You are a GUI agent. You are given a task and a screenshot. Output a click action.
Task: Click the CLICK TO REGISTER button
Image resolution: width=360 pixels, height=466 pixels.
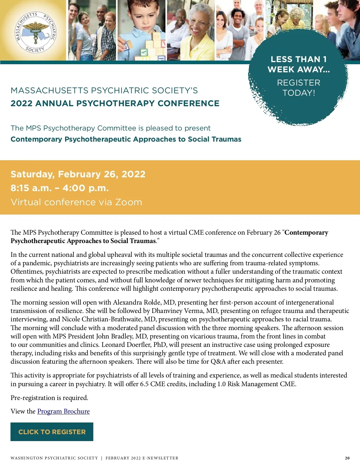coord(52,432)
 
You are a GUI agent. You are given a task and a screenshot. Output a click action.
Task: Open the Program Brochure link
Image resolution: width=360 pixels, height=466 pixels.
coord(63,411)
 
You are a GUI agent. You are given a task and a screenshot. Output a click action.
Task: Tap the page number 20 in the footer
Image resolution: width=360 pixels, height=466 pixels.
coord(347,458)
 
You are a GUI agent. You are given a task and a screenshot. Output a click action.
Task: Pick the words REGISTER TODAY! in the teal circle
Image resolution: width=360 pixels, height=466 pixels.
coord(298,88)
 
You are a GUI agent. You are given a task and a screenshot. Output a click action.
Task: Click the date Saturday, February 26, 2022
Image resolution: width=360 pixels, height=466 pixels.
coord(78,174)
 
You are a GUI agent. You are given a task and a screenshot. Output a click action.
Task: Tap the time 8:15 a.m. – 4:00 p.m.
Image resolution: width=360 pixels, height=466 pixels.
coord(60,188)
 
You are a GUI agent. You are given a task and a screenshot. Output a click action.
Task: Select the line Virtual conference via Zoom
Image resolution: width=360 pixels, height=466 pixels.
coord(76,202)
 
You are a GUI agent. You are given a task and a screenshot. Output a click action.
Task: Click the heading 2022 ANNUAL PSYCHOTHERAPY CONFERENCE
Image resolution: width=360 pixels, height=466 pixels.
coord(115,103)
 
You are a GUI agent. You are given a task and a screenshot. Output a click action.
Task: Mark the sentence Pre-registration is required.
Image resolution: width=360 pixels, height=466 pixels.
coord(49,398)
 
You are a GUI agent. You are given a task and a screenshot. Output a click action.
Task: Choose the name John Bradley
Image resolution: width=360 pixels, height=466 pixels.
coord(105,336)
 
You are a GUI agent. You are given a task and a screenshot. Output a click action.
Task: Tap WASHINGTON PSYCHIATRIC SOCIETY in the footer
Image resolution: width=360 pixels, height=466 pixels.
coord(54,458)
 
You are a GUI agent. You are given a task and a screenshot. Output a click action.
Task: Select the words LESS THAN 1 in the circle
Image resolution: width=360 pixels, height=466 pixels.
coord(298,59)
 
